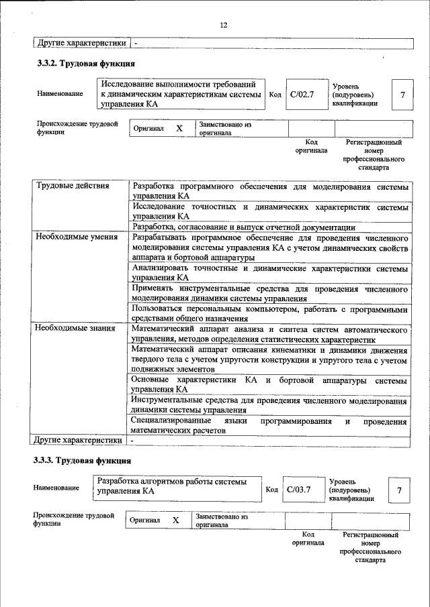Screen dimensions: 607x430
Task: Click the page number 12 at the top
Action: [224, 25]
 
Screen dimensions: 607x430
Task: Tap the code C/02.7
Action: [302, 95]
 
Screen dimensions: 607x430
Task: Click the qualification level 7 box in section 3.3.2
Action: [402, 95]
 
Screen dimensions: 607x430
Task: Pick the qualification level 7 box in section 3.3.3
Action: [399, 491]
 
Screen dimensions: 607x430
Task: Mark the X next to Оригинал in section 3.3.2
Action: [179, 128]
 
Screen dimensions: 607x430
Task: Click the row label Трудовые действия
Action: [73, 185]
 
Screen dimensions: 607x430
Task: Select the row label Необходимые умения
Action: [76, 237]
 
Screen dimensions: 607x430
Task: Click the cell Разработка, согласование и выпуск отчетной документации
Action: [243, 227]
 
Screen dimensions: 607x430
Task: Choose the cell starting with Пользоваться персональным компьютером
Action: [269, 314]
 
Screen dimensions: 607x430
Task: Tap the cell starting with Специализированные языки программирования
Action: [269, 426]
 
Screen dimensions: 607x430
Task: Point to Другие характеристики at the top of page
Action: [81, 43]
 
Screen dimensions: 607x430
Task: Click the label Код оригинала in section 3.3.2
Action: [311, 146]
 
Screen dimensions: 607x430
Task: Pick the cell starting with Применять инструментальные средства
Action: [269, 293]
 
